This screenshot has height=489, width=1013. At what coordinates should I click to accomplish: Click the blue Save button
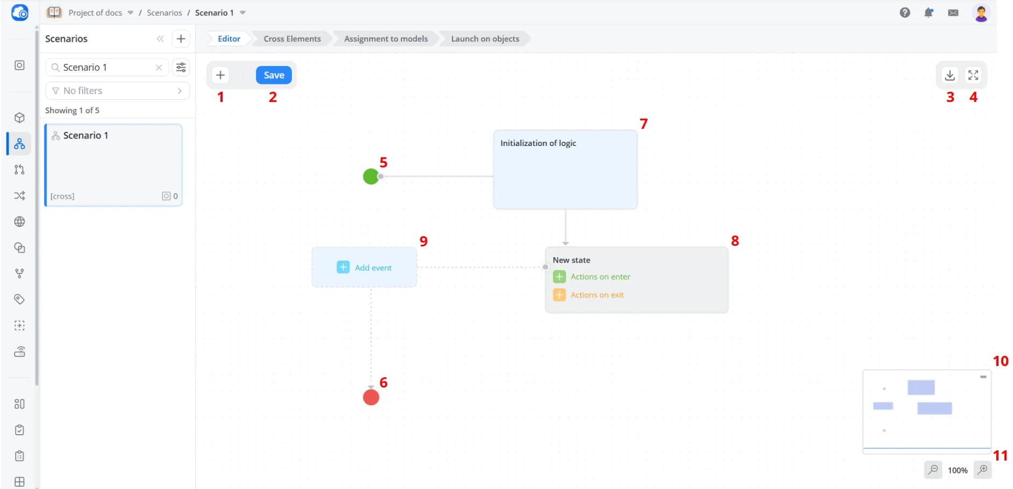(274, 75)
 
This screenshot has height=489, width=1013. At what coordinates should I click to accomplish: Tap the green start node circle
(371, 176)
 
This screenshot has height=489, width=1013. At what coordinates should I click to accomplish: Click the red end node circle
(371, 397)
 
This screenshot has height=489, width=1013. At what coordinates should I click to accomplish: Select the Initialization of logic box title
(538, 143)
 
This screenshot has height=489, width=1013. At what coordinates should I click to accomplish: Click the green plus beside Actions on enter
(559, 276)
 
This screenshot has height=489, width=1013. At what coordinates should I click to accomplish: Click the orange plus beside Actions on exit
(559, 295)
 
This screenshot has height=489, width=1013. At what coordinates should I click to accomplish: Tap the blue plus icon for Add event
(343, 267)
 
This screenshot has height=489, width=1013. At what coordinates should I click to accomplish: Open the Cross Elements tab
(292, 39)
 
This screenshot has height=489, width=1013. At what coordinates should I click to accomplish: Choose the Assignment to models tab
(386, 39)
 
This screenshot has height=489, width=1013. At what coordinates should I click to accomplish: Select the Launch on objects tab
(485, 39)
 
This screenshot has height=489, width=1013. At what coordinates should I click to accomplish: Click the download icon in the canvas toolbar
(950, 75)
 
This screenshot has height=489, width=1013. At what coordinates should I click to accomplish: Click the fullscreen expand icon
(973, 75)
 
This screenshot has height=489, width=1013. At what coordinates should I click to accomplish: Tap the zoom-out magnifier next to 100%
(934, 470)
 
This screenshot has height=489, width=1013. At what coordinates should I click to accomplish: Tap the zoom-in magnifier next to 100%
(982, 470)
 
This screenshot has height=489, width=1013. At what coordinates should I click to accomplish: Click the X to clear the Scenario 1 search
(159, 68)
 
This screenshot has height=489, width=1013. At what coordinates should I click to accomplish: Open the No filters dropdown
(118, 91)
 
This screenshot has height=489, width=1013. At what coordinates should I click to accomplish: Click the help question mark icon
(905, 13)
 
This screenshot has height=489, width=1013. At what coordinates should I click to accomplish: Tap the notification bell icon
(929, 13)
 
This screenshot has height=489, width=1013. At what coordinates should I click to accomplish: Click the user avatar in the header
(981, 13)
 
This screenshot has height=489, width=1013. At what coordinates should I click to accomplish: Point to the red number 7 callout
(644, 124)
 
